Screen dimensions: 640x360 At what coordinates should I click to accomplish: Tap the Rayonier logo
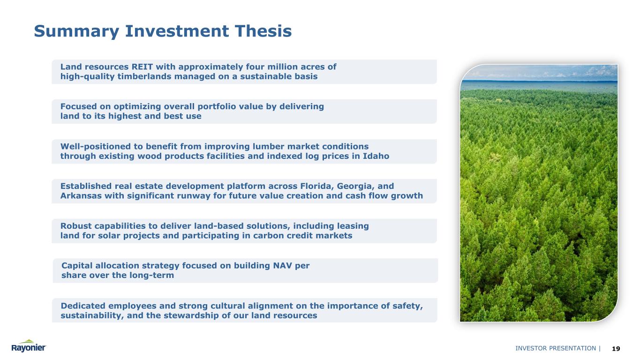tap(29, 346)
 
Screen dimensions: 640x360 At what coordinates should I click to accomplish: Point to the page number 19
tap(616, 349)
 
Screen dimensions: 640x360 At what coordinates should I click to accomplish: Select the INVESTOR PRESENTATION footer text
tap(556, 348)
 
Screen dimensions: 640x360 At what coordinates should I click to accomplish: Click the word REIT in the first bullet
tap(142, 67)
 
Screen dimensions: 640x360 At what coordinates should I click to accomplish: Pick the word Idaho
tap(376, 156)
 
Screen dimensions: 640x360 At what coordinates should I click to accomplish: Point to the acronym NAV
tap(283, 266)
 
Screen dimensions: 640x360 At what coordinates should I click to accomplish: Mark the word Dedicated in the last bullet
tap(83, 306)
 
